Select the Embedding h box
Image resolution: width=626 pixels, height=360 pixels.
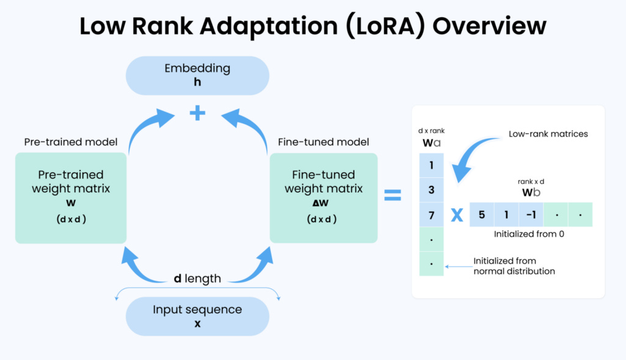197,75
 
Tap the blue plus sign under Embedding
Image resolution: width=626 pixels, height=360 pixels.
197,113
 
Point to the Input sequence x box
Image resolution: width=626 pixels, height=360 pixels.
197,316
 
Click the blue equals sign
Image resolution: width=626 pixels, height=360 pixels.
392,196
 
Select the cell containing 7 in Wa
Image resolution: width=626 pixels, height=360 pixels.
432,215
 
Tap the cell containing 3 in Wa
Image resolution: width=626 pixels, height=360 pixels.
432,190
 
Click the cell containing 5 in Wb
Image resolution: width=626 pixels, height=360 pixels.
482,215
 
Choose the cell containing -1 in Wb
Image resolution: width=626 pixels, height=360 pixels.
531,215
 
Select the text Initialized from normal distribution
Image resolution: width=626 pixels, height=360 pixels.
514,266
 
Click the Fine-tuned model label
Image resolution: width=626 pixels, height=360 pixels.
323,142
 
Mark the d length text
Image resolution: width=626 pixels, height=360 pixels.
197,279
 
